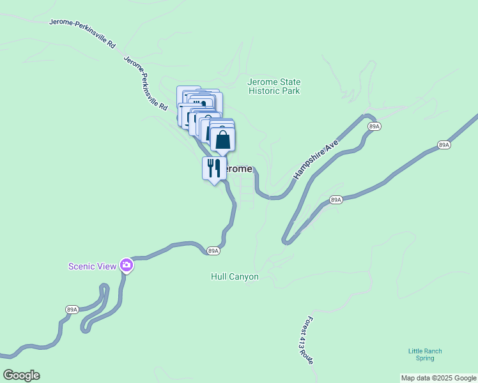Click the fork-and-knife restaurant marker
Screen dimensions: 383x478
coord(213,169)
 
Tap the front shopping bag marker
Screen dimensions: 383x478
coord(222,140)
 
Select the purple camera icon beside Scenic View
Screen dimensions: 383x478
coord(127,265)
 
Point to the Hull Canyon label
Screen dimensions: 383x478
coord(235,277)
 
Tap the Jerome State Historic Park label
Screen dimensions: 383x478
coord(274,87)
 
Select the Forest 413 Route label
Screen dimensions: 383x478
coord(305,340)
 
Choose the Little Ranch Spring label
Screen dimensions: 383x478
coord(425,354)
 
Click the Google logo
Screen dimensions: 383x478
coord(21,375)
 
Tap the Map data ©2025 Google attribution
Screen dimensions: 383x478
coord(439,378)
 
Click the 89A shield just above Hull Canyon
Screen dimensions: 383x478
coord(213,251)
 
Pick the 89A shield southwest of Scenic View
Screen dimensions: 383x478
coord(72,310)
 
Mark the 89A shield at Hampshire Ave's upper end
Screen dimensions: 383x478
coord(374,127)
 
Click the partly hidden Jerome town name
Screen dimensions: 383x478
coord(240,169)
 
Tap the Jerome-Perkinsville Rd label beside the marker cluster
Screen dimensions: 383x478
coord(146,82)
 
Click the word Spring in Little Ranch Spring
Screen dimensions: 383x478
coord(425,358)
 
